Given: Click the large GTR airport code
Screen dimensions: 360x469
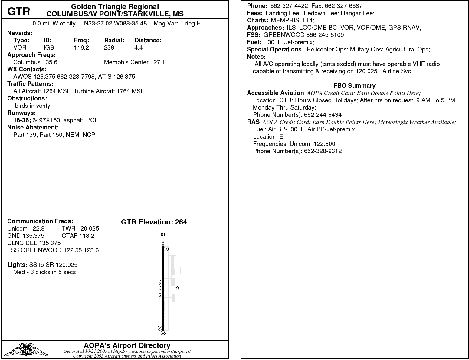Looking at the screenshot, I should pyautogui.click(x=19, y=11).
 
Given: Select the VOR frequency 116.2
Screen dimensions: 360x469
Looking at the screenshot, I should pyautogui.click(x=81, y=47).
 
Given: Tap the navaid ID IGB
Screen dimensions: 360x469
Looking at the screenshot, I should pyautogui.click(x=49, y=47).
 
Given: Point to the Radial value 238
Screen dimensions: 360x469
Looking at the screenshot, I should pyautogui.click(x=109, y=47).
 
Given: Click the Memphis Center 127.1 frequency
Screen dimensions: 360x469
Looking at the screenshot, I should pyautogui.click(x=134, y=62).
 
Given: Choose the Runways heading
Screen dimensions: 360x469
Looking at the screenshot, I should pyautogui.click(x=21, y=113).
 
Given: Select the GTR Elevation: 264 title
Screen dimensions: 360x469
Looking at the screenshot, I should pyautogui.click(x=154, y=222).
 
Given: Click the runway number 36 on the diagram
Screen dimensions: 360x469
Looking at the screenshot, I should pyautogui.click(x=163, y=333).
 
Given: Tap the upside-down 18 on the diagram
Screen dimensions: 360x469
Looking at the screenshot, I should pyautogui.click(x=163, y=235).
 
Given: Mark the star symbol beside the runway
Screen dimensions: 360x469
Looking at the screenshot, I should pyautogui.click(x=178, y=288).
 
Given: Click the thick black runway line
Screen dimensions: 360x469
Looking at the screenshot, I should pyautogui.click(x=163, y=287).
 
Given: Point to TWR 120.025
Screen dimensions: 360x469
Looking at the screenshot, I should pyautogui.click(x=80, y=228).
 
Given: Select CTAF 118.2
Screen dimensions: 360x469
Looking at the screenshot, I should pyautogui.click(x=78, y=236).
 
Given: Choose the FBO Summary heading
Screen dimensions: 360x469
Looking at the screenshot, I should pyautogui.click(x=354, y=86).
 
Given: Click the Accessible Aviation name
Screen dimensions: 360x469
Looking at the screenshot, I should pyautogui.click(x=275, y=93).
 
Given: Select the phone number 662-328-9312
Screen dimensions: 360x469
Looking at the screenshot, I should pyautogui.click(x=323, y=151).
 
